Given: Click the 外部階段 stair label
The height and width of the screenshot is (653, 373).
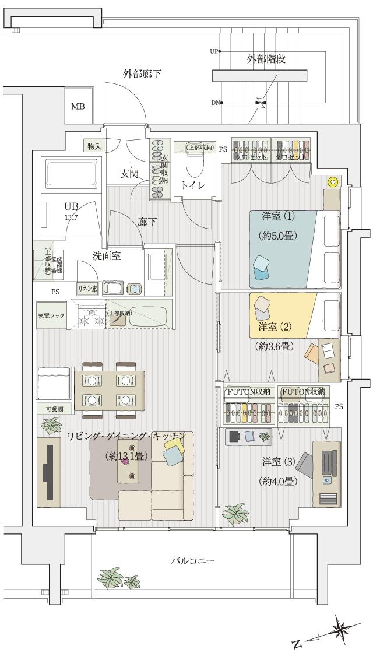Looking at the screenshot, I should [266, 59].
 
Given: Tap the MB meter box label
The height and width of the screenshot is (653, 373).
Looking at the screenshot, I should [78, 107].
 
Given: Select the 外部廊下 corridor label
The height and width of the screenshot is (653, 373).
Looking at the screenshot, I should [142, 74].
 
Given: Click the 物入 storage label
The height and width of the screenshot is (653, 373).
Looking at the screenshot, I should [94, 146].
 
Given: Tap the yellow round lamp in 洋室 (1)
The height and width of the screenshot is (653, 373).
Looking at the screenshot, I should [333, 182].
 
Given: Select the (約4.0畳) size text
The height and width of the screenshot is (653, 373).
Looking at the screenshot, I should [279, 482].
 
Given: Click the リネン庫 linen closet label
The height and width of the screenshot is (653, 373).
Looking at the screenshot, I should [87, 289].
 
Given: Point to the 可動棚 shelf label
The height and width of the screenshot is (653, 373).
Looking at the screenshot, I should [51, 409].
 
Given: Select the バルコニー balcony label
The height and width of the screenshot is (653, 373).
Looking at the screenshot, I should [192, 561].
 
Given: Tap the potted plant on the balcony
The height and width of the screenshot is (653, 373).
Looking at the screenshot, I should [111, 579].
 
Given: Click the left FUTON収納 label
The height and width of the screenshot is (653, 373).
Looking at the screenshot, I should [248, 391].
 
